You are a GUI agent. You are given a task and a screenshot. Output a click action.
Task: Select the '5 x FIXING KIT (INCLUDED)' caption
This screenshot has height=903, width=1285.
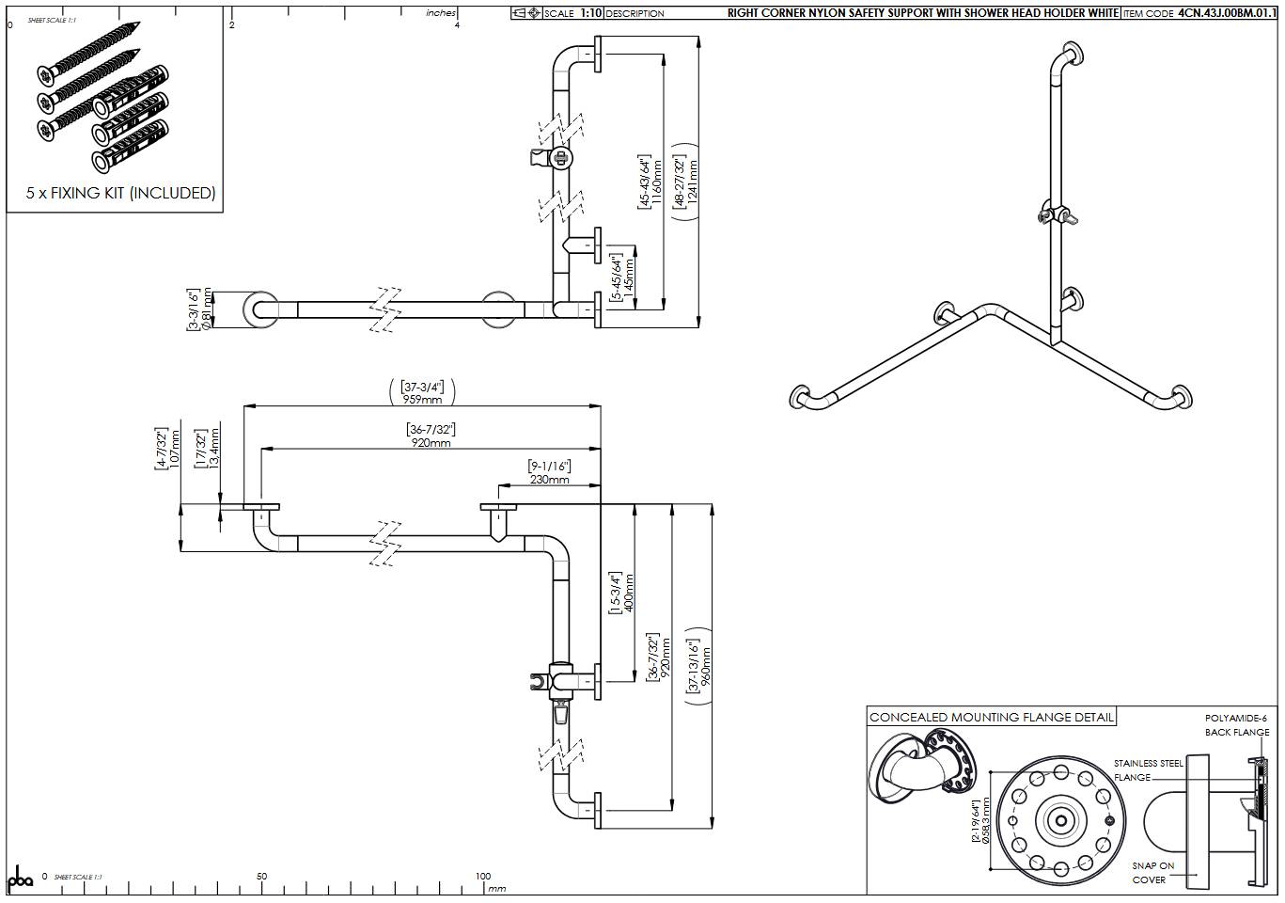click(121, 193)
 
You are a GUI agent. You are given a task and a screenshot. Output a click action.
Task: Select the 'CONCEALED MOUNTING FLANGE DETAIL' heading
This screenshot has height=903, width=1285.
click(992, 718)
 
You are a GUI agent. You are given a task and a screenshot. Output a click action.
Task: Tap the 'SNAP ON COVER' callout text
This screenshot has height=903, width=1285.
click(1152, 873)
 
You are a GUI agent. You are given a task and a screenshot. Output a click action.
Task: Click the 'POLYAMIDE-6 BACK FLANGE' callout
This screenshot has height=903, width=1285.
click(1237, 725)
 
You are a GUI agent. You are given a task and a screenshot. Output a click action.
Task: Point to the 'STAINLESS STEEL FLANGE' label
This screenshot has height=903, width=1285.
click(1148, 770)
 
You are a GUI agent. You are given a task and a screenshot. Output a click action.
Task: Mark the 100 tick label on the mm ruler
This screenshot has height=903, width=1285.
click(482, 877)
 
